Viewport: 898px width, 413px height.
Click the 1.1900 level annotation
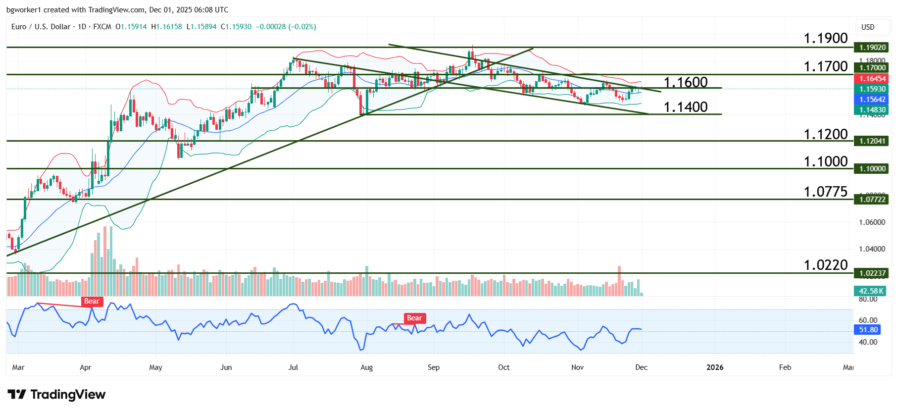tap(825, 38)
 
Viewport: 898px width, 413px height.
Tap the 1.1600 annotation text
tap(685, 82)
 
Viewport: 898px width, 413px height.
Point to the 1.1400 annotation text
tap(685, 107)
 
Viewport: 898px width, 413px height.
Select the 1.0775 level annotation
tap(825, 192)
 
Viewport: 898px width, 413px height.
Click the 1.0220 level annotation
tap(825, 265)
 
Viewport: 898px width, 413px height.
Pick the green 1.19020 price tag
tap(872, 48)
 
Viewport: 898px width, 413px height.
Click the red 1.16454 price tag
tap(872, 79)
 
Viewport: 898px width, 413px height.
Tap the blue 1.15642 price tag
tap(872, 100)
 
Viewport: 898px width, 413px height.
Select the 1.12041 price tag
tap(872, 141)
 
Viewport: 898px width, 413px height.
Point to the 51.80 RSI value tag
tap(868, 330)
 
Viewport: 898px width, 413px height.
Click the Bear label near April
tap(92, 302)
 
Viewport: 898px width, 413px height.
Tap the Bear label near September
tap(414, 318)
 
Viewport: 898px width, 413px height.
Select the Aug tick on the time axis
tap(366, 367)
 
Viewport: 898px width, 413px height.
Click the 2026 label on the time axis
tap(715, 367)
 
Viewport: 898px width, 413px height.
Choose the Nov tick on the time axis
tap(577, 367)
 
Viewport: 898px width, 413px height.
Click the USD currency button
tap(868, 27)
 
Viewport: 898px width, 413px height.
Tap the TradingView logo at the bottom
tap(56, 395)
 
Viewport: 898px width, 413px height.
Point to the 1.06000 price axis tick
tap(872, 222)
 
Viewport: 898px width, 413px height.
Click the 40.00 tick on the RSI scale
tap(868, 342)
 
